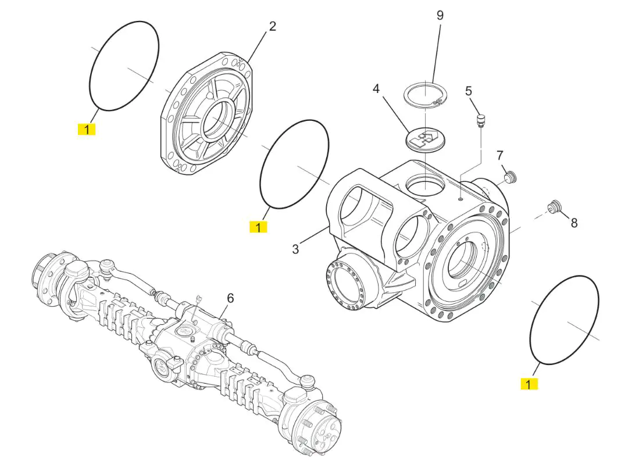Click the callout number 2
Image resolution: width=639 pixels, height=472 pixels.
coord(273,27)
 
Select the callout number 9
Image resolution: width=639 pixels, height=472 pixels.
coord(440,16)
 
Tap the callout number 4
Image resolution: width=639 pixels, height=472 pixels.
coord(376,89)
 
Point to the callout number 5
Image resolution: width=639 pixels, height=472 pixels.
coord(469,91)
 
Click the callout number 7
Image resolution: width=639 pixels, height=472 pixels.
coord(500,156)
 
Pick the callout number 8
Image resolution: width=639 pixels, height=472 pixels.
coord(574,223)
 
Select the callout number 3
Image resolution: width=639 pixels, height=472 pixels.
coord(295,249)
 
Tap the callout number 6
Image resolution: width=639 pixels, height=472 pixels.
coord(230,299)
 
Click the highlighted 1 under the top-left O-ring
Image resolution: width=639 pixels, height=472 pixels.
coord(87,130)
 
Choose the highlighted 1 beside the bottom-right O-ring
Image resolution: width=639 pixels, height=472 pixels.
coord(529,384)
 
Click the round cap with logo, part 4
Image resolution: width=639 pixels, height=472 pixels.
coord(427,140)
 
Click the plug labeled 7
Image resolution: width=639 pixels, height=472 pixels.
coord(510,177)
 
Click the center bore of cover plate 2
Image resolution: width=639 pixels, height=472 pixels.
coord(218,121)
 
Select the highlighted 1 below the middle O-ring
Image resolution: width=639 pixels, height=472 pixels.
coord(258,227)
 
